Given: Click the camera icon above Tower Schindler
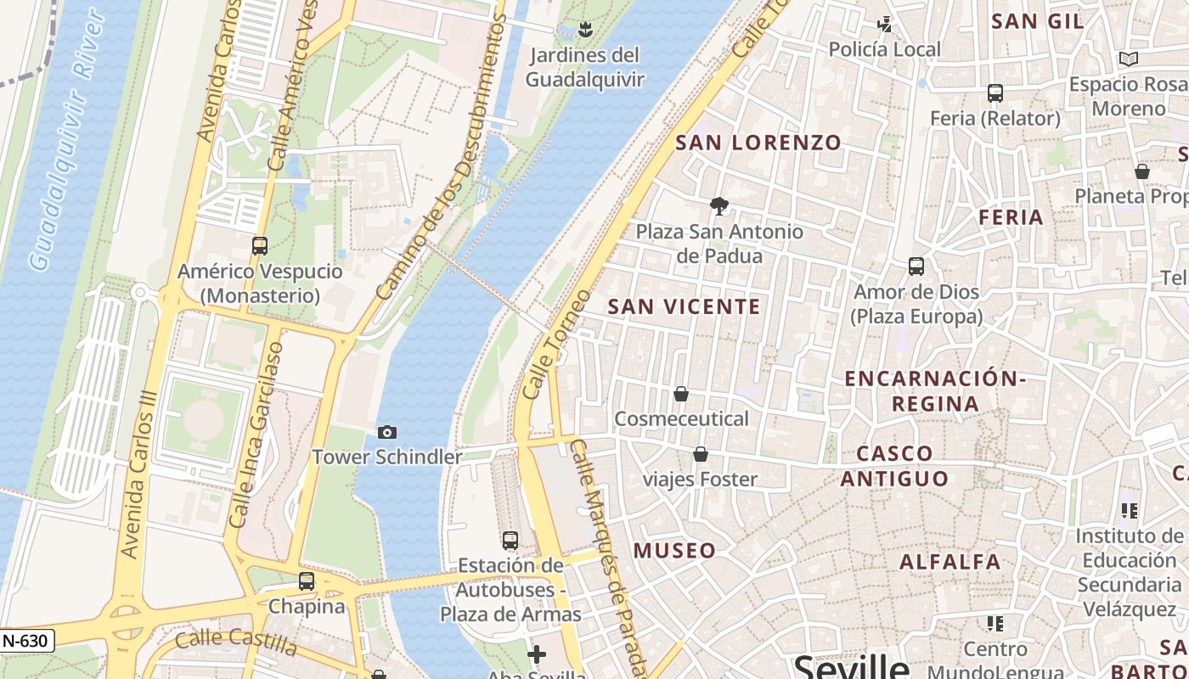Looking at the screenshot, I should click(386, 433).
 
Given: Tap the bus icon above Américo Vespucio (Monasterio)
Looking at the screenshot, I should click(260, 246).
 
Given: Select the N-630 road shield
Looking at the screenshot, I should click(26, 642).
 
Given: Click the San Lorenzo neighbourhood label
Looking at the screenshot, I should click(758, 143).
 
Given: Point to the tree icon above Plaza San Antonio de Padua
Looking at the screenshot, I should click(719, 205).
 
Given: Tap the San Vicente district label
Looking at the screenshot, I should click(685, 306).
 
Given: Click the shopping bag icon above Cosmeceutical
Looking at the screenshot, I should click(680, 394).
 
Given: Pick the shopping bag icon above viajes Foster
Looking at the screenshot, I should click(701, 455).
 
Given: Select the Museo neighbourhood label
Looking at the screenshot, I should click(675, 551).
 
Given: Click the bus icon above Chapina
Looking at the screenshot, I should click(307, 581).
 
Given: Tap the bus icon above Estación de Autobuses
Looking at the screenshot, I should click(510, 540).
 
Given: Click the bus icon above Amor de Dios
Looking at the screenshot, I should click(916, 267).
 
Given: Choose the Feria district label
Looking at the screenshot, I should click(1011, 217).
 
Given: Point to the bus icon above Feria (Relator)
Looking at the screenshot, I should click(995, 93).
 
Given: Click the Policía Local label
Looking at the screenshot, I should click(885, 49).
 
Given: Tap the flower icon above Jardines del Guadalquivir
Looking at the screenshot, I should click(584, 31).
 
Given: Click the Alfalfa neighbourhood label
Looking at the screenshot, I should click(950, 562).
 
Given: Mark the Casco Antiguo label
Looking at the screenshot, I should click(895, 466).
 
